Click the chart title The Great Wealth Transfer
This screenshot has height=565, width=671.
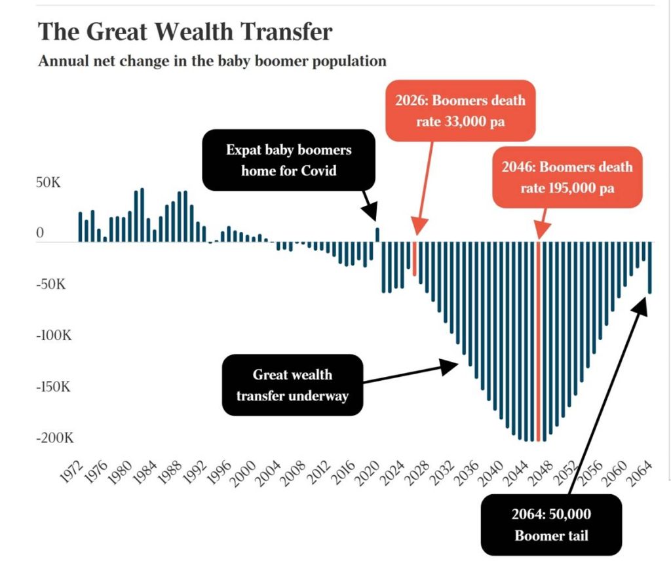click(185, 31)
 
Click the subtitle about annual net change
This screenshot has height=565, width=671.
click(212, 61)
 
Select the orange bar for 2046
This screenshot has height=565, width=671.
click(539, 341)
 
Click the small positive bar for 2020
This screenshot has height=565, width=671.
click(377, 235)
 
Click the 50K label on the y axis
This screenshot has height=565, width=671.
click(48, 182)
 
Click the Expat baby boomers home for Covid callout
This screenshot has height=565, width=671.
click(289, 160)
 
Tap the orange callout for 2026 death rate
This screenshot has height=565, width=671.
click(460, 110)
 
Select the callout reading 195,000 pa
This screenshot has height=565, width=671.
click(567, 177)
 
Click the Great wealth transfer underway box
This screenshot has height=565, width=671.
click(292, 385)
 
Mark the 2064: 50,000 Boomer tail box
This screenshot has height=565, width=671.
click(551, 524)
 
